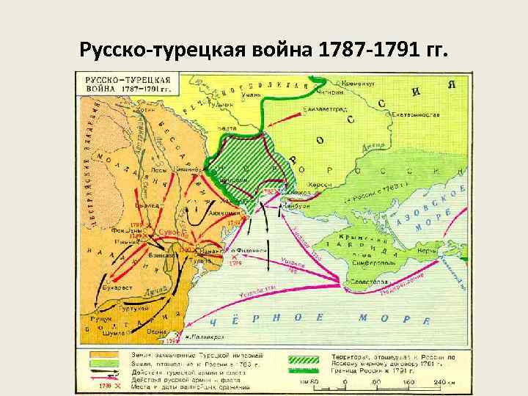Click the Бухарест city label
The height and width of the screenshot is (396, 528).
[x=117, y=288]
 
